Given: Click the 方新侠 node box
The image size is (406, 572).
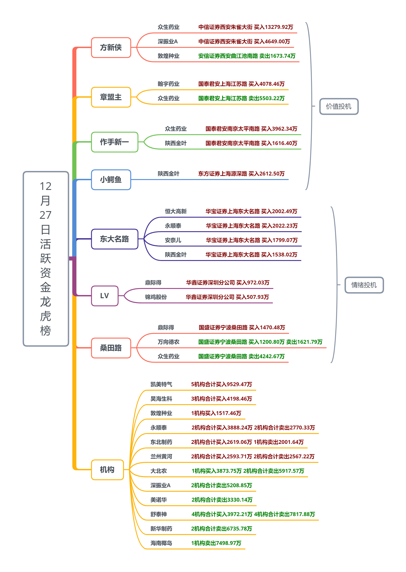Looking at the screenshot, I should click(x=111, y=48).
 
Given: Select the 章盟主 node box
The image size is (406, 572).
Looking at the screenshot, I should click(x=111, y=97).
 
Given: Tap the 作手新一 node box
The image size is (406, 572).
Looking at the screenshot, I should click(x=115, y=142).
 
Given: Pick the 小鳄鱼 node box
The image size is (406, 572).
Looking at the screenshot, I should click(x=111, y=180).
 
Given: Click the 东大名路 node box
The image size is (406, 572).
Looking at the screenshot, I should click(x=115, y=239).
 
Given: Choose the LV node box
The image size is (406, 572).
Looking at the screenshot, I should click(x=104, y=296).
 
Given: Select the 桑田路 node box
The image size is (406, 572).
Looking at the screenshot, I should click(x=111, y=348).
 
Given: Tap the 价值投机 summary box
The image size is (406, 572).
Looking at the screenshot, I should click(x=339, y=106).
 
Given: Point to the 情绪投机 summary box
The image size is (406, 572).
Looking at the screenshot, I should click(x=364, y=285).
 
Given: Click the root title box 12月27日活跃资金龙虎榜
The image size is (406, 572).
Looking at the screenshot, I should click(x=46, y=258).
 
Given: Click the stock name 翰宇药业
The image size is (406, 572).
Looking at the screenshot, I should click(x=168, y=84).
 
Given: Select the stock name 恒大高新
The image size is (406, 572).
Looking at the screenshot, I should click(x=176, y=212).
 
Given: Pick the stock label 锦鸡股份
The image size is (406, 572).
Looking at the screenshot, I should click(x=156, y=297).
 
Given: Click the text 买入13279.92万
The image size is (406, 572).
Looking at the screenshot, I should click(x=274, y=27).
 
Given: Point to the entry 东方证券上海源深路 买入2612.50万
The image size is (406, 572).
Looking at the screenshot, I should click(x=241, y=174).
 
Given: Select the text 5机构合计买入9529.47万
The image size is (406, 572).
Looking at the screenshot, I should click(x=221, y=384).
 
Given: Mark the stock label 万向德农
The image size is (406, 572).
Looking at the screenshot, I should click(x=168, y=342).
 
